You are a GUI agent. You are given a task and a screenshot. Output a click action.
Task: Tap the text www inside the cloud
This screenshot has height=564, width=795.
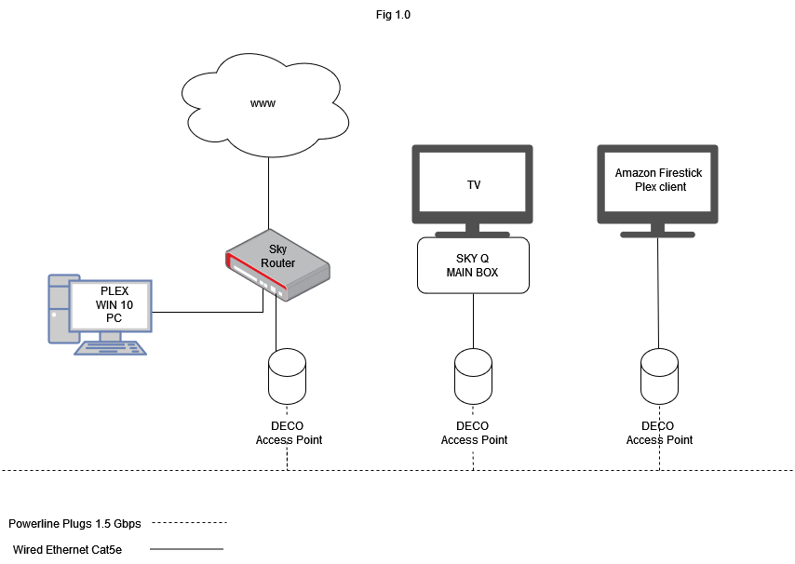(x=263, y=103)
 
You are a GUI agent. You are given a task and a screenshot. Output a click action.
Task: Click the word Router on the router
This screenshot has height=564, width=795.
(x=277, y=263)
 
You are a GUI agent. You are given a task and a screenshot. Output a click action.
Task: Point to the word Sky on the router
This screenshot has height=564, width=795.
(x=277, y=249)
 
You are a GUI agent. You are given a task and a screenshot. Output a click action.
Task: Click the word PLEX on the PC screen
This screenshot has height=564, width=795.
(x=114, y=291)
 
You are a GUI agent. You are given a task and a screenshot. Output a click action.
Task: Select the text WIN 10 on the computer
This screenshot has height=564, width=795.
(x=114, y=305)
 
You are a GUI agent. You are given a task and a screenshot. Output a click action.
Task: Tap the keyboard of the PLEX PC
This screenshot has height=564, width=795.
(x=110, y=348)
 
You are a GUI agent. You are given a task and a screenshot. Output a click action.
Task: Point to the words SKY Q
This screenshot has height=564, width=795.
(x=472, y=259)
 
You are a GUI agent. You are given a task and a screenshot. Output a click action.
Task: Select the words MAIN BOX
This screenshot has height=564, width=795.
(x=472, y=273)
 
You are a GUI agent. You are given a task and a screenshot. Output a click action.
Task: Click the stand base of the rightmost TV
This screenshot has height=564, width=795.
(x=657, y=235)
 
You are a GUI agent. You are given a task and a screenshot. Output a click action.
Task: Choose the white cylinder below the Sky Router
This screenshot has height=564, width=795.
(x=287, y=377)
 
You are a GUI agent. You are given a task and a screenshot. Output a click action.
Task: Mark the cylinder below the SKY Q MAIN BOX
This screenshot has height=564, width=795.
(x=473, y=377)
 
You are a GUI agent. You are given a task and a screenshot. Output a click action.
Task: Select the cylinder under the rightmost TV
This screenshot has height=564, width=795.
(x=659, y=377)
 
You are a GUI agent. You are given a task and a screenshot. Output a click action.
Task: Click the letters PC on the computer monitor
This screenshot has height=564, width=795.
(x=114, y=318)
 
